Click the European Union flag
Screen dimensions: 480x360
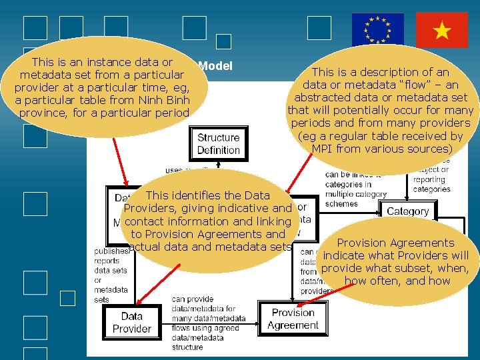[x=378, y=29]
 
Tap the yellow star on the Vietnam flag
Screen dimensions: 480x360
[x=441, y=29]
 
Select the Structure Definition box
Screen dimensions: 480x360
[x=218, y=144]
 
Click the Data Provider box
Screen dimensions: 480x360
[x=132, y=323]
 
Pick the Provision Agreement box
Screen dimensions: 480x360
[x=293, y=319]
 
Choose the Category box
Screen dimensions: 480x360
[x=407, y=211]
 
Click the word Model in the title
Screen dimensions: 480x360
[x=215, y=66]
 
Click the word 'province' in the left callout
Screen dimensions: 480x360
[x=43, y=113]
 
